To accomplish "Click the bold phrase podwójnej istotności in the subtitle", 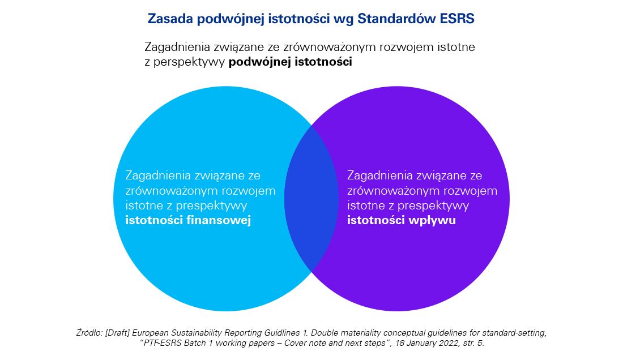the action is [x=290, y=62].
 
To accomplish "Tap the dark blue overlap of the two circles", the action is [x=311, y=199].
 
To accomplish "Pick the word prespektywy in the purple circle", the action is [x=433, y=206].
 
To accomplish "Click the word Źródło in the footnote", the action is [x=89, y=333].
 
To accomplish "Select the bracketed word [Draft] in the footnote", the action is [x=118, y=333].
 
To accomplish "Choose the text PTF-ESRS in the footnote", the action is [x=162, y=343].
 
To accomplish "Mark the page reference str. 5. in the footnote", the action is [x=474, y=343].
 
